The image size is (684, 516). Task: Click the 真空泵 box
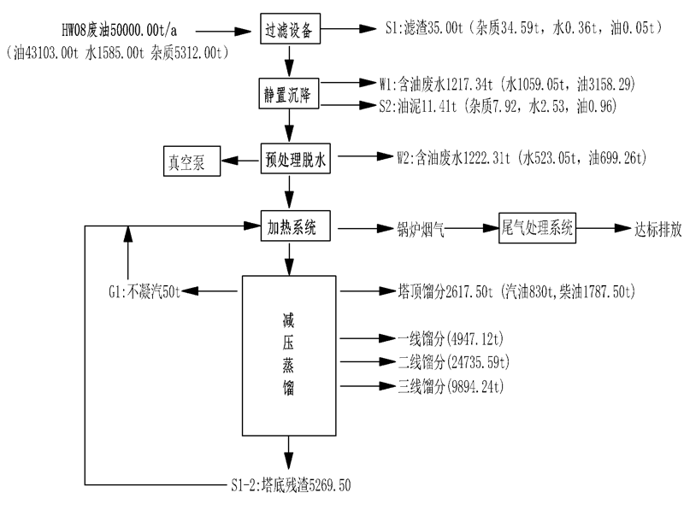pyautogui.click(x=191, y=160)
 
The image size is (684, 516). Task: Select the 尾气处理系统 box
pyautogui.click(x=538, y=227)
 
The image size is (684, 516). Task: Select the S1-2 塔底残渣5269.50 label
pyautogui.click(x=290, y=486)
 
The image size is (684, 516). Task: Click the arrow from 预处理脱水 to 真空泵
pyautogui.click(x=240, y=160)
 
